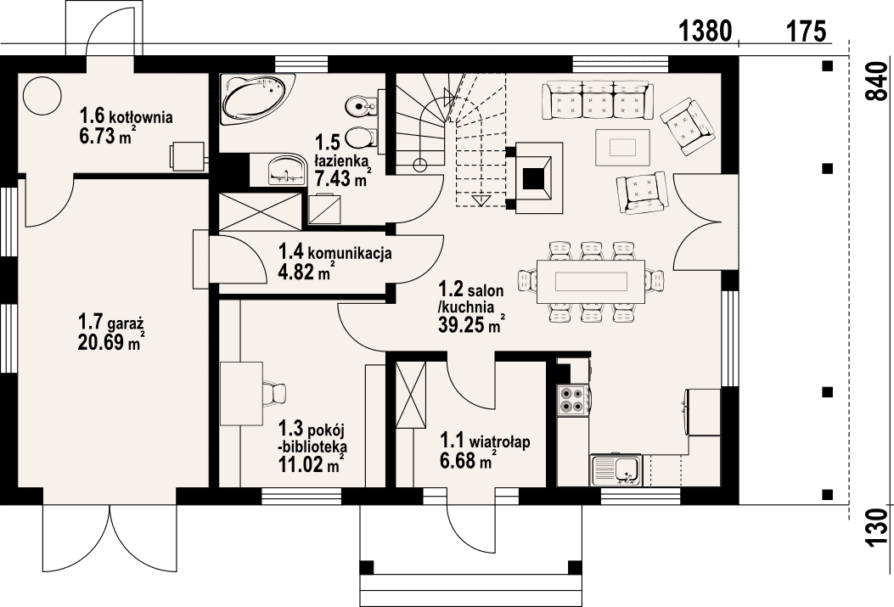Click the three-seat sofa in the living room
click(x=598, y=99)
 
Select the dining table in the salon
click(x=591, y=282)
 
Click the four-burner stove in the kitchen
click(x=573, y=399)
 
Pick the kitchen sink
click(x=616, y=469)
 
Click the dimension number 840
click(x=878, y=81)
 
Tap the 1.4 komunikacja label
click(x=335, y=251)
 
